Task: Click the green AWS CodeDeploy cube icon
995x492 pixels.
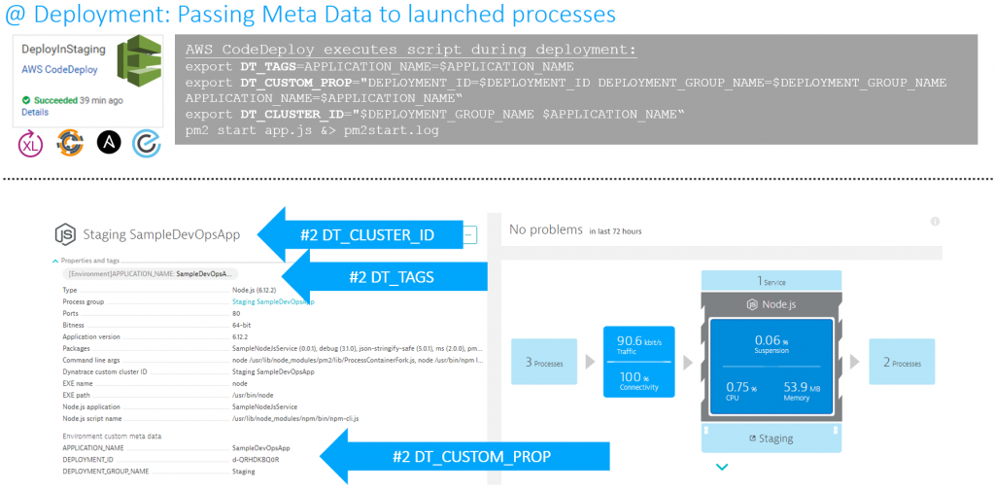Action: [139, 60]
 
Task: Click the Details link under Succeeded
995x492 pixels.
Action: [35, 112]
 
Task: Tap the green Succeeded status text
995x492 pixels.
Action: [55, 100]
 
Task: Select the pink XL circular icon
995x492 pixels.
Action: [31, 143]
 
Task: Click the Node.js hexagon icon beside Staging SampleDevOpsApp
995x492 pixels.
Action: [65, 234]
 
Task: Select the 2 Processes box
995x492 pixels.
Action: [901, 363]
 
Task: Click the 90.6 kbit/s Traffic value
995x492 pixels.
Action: [639, 344]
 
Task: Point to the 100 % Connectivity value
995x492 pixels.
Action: [639, 380]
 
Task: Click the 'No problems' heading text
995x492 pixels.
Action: [545, 229]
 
